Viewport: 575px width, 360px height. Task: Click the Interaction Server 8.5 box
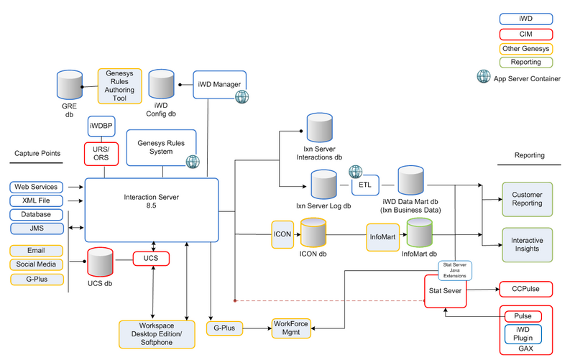click(152, 210)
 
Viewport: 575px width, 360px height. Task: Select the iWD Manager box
click(219, 85)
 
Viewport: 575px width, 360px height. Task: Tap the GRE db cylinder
click(70, 85)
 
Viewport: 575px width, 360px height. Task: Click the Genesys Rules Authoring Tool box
click(119, 86)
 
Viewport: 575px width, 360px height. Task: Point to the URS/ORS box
click(101, 154)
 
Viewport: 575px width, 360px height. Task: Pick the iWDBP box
click(101, 126)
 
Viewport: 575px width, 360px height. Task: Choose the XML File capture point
click(37, 200)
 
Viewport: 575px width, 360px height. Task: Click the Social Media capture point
click(37, 264)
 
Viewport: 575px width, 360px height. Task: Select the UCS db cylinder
click(100, 262)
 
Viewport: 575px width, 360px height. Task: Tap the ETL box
click(365, 185)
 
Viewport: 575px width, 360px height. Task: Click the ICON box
click(282, 234)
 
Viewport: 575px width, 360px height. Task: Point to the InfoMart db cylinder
click(420, 232)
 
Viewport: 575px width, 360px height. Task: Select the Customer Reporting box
click(527, 199)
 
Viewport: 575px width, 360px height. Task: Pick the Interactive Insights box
click(527, 244)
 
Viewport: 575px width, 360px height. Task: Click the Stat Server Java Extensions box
click(455, 270)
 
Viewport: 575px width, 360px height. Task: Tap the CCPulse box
click(526, 289)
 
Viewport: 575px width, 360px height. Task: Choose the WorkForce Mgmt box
click(291, 328)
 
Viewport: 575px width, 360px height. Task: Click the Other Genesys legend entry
click(526, 48)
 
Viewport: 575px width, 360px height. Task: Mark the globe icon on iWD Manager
click(241, 97)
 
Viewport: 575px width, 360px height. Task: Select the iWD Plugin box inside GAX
click(523, 333)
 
